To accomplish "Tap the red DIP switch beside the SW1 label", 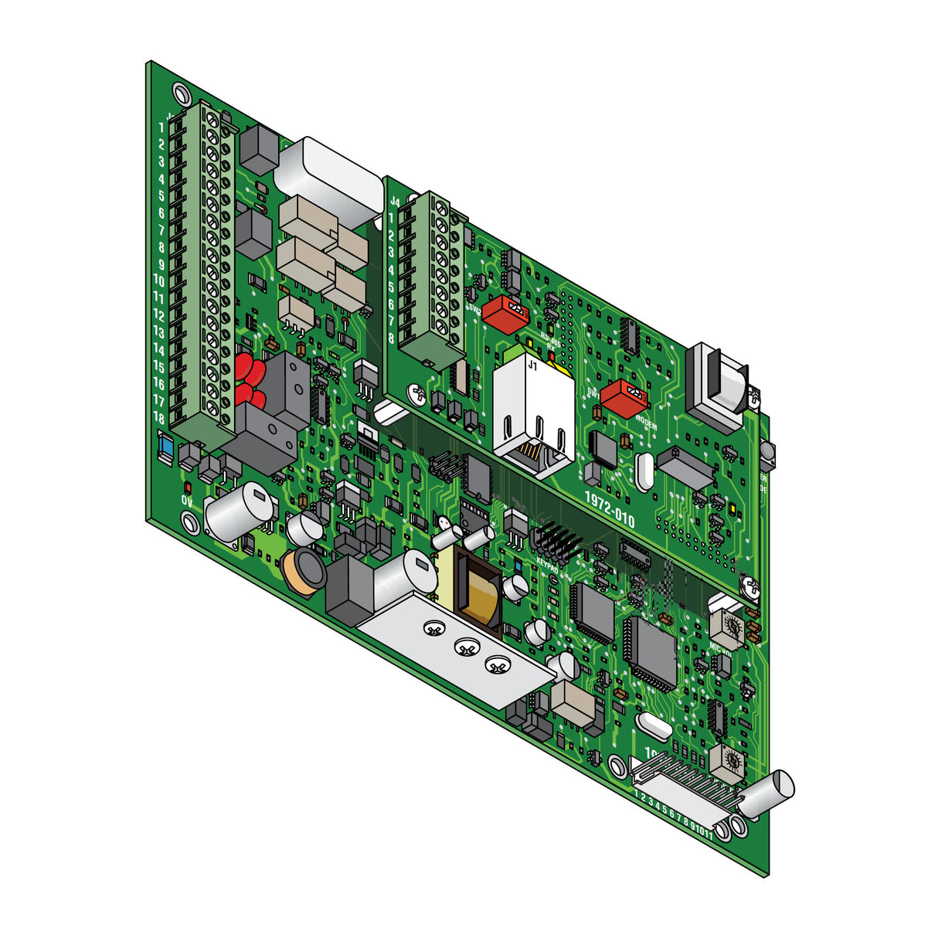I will point(624,397).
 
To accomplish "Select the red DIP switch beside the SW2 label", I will point(506,314).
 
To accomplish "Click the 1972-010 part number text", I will point(609,509).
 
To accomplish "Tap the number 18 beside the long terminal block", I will point(158,418).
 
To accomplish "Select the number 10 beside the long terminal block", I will point(158,280).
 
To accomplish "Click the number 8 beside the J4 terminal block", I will point(392,338).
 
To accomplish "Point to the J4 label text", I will point(395,202).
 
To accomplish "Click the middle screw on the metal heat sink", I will point(464,647).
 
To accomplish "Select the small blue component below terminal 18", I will point(165,448).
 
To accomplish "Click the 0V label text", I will point(187,501).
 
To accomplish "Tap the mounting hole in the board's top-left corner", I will point(181,94).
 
